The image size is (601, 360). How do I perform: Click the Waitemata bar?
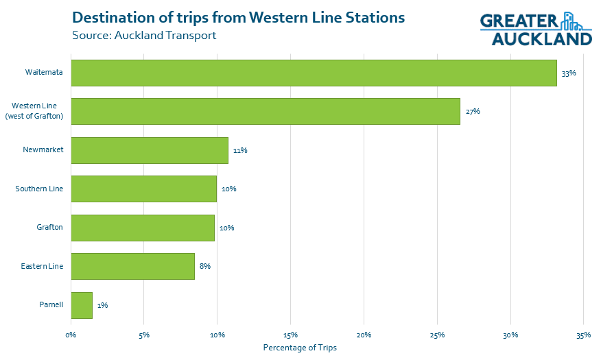pyautogui.click(x=314, y=73)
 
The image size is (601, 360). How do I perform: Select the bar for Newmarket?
pyautogui.click(x=150, y=150)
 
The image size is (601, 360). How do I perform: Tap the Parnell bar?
pyautogui.click(x=82, y=305)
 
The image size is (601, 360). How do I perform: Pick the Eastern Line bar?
pyautogui.click(x=133, y=266)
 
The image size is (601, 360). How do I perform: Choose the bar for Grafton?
pyautogui.click(x=143, y=228)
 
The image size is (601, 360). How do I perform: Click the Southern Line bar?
pyautogui.click(x=144, y=189)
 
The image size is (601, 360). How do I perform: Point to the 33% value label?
pyautogui.click(x=568, y=73)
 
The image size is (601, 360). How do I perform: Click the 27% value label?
pyautogui.click(x=472, y=111)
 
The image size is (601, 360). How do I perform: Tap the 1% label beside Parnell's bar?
pyautogui.click(x=103, y=305)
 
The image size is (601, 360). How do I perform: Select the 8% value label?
pyautogui.click(x=205, y=266)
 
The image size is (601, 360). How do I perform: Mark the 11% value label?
pyautogui.click(x=240, y=150)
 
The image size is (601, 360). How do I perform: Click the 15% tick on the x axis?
pyautogui.click(x=290, y=335)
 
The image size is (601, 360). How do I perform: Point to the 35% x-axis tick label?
pyautogui.click(x=583, y=335)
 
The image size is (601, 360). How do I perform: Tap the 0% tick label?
pyautogui.click(x=71, y=335)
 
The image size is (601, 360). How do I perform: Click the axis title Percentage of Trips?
pyautogui.click(x=300, y=348)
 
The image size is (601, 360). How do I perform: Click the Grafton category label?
pyautogui.click(x=50, y=227)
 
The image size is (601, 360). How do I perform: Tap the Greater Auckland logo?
pyautogui.click(x=536, y=29)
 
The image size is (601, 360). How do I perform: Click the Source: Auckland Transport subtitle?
pyautogui.click(x=144, y=35)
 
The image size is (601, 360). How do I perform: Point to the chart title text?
pyautogui.click(x=238, y=16)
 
